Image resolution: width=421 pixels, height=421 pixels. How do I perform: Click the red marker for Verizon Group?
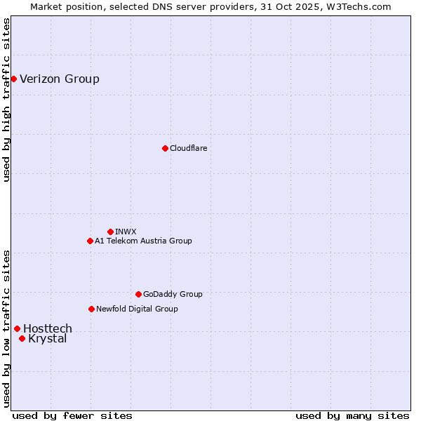click(x=13, y=79)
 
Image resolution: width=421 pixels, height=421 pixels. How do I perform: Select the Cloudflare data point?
click(x=165, y=148)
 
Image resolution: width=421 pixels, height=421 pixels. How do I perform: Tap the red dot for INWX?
click(x=110, y=232)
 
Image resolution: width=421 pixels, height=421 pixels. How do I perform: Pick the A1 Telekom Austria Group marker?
click(x=90, y=241)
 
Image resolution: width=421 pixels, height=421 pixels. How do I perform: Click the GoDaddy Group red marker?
click(x=138, y=294)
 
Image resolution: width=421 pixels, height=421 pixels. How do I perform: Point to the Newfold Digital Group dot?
click(x=91, y=309)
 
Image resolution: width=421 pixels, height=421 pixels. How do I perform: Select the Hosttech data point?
click(x=17, y=328)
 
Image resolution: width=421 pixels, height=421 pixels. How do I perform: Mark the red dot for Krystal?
click(x=22, y=338)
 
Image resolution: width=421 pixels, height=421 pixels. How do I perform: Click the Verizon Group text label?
click(x=60, y=79)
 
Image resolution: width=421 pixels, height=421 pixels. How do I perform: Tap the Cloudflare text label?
click(x=188, y=148)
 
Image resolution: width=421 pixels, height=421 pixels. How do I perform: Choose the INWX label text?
click(x=126, y=232)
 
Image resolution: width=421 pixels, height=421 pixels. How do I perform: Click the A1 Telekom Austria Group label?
click(x=143, y=241)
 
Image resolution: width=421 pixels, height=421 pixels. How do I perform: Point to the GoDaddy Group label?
click(x=173, y=294)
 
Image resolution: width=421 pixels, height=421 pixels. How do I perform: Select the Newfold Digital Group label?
click(x=137, y=309)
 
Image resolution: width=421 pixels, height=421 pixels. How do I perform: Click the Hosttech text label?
click(x=48, y=328)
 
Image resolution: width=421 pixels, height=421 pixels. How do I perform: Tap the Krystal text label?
click(x=48, y=339)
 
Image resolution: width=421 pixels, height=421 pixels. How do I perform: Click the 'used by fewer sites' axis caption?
click(x=72, y=415)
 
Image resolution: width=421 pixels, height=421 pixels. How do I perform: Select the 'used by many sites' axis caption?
click(x=352, y=415)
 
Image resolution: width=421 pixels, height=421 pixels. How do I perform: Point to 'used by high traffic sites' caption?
click(x=7, y=100)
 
